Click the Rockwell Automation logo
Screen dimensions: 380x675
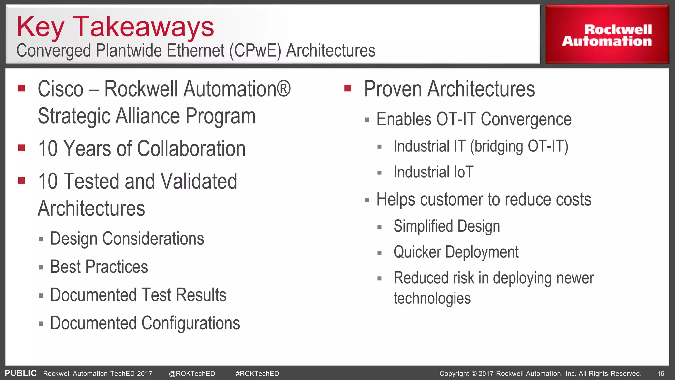tap(607, 35)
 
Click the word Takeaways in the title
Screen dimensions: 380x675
tap(143, 27)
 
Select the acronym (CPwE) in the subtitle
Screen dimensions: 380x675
tap(255, 51)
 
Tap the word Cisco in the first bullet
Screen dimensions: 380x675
tap(61, 89)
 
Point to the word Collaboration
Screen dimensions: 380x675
tap(191, 148)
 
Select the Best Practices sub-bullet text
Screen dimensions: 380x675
tap(99, 267)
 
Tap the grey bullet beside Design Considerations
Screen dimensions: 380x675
tap(41, 239)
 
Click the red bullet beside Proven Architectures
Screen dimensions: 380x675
tap(348, 88)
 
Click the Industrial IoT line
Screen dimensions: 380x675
tap(433, 172)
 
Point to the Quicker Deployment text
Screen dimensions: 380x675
tap(456, 252)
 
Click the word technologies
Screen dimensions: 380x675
tap(432, 298)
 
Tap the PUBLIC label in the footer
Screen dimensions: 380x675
tap(20, 373)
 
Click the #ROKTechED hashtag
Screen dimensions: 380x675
tap(257, 374)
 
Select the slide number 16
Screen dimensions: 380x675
tap(660, 374)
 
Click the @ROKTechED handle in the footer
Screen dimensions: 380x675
tap(192, 374)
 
